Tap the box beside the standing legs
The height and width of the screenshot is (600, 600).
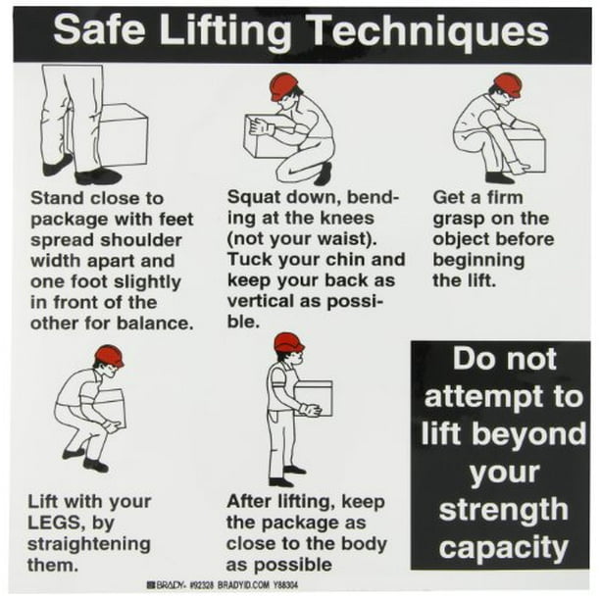click(125, 134)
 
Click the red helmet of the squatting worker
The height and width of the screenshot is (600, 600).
click(284, 85)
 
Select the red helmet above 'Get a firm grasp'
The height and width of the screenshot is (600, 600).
click(508, 83)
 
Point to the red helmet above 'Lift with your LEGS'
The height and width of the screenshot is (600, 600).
click(109, 356)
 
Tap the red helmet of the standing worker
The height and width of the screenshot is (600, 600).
click(288, 343)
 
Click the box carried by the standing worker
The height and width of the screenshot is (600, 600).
click(314, 397)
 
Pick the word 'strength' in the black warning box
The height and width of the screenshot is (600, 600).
click(501, 510)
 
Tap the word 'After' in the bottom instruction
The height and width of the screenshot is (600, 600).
click(251, 502)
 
